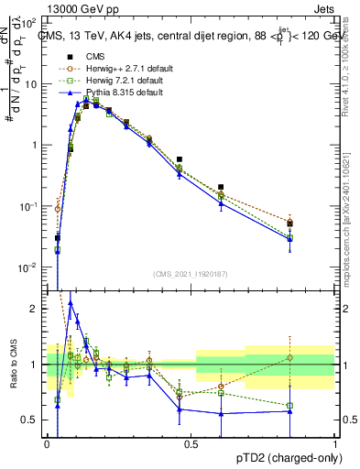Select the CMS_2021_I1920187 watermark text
coord(190,273)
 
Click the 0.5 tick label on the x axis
coord(191,443)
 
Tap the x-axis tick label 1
coord(335,443)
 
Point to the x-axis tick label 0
coord(47,443)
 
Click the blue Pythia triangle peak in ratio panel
coord(71,303)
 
